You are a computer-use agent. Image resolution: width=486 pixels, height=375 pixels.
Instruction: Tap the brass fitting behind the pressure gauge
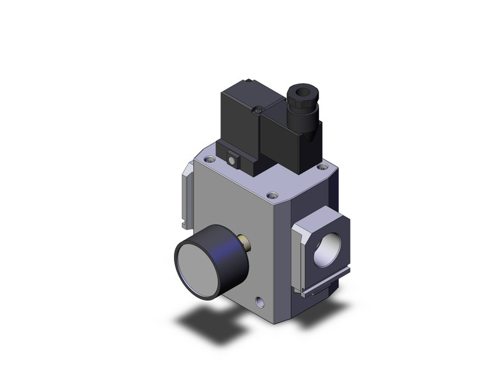[244, 243]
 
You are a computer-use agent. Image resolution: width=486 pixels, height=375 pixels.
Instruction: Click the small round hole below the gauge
[260, 300]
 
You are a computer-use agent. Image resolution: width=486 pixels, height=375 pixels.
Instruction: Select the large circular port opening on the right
[327, 249]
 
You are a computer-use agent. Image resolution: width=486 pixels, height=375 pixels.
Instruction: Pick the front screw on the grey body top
[274, 194]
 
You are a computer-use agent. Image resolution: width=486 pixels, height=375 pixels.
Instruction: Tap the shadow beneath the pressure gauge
[205, 323]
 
